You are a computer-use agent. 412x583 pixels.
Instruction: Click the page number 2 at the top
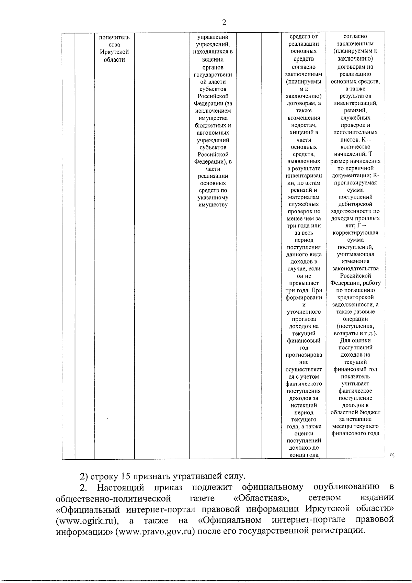[x=224, y=23]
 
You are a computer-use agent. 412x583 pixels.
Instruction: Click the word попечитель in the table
[x=114, y=37]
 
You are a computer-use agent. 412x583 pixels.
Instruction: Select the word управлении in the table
[x=213, y=37]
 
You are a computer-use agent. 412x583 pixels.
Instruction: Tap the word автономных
[x=213, y=133]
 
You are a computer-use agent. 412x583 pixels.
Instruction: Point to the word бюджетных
[x=213, y=125]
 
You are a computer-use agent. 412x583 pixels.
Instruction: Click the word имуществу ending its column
[x=213, y=205]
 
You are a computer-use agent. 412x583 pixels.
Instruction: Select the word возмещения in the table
[x=304, y=118]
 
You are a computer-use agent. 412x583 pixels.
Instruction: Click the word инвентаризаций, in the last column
[x=355, y=103]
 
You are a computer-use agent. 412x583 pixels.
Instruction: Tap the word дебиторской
[x=355, y=204]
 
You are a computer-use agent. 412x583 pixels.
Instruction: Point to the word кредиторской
[x=355, y=298]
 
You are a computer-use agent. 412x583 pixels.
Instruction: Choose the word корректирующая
[x=355, y=233]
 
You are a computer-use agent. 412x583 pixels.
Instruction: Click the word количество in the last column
[x=355, y=147]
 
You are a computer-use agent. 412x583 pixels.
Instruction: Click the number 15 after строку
[x=126, y=477]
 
